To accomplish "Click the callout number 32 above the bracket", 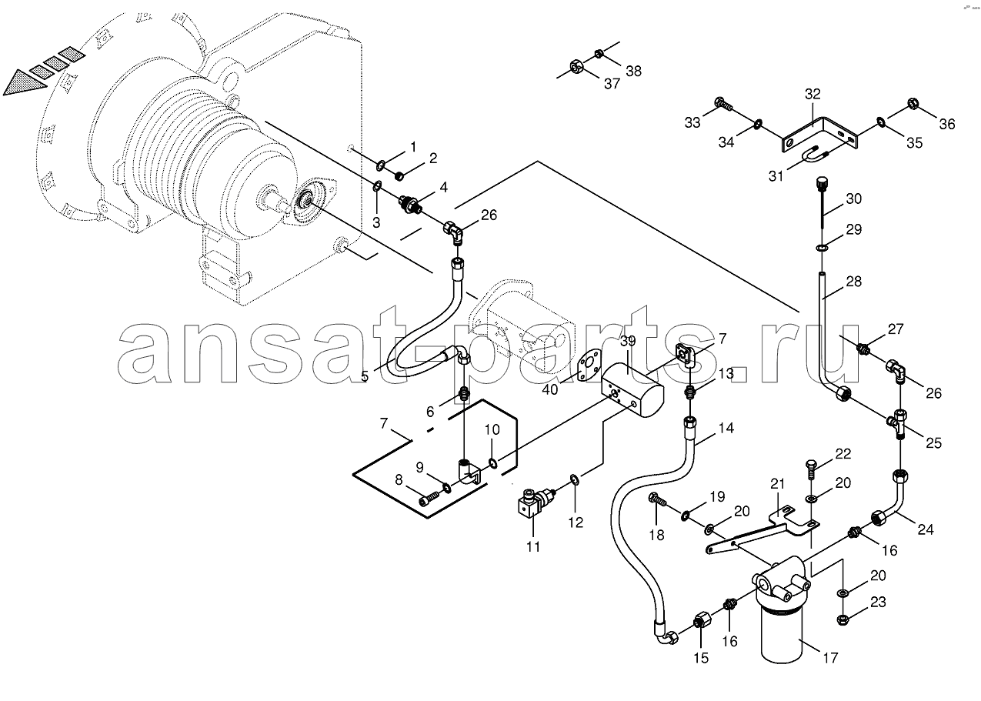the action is pos(812,94).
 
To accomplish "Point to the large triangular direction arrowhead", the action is pos(25,83).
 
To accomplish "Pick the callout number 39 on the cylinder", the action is pos(628,341).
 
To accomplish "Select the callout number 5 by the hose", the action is pos(365,376).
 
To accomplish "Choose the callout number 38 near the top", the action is pos(633,71).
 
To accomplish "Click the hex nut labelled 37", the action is pos(576,66).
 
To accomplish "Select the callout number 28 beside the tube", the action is pos(853,281).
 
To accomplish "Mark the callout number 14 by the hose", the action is pos(726,428).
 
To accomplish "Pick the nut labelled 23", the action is pos(841,619).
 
